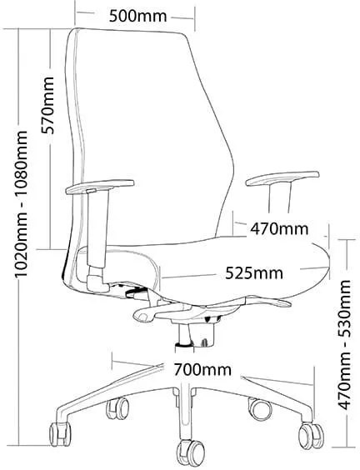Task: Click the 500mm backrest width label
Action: (137, 16)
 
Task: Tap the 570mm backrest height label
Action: (47, 105)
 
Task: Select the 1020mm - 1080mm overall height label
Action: (22, 203)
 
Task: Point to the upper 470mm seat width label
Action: (279, 229)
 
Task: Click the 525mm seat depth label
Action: (254, 272)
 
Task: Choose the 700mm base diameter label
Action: (202, 370)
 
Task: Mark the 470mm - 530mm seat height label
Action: (344, 345)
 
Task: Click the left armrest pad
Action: (99, 187)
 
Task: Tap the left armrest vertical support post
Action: (97, 228)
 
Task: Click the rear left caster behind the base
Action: (117, 408)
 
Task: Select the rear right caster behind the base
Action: (260, 409)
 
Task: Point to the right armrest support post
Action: (280, 197)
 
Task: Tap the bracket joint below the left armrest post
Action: (97, 280)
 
